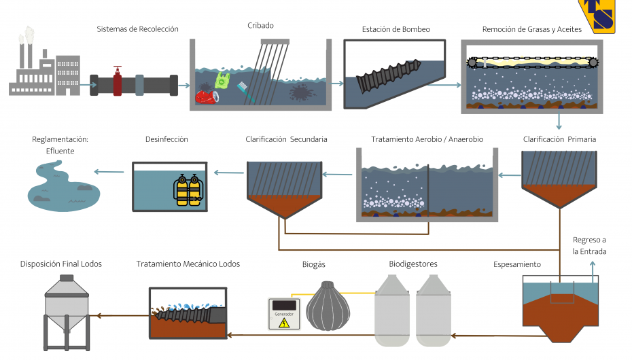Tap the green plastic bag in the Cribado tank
click(x=222, y=81)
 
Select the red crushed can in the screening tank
click(x=207, y=97)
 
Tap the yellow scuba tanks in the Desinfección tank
click(x=188, y=190)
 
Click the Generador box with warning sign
click(x=284, y=314)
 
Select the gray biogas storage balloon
click(x=328, y=306)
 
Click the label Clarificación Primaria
click(x=559, y=139)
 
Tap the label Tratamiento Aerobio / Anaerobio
click(x=427, y=139)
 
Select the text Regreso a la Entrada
click(x=589, y=246)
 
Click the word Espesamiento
click(x=517, y=264)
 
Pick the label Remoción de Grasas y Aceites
click(x=532, y=29)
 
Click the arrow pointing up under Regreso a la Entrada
click(x=593, y=272)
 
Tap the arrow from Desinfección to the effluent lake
click(x=109, y=172)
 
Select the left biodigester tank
click(x=392, y=310)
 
